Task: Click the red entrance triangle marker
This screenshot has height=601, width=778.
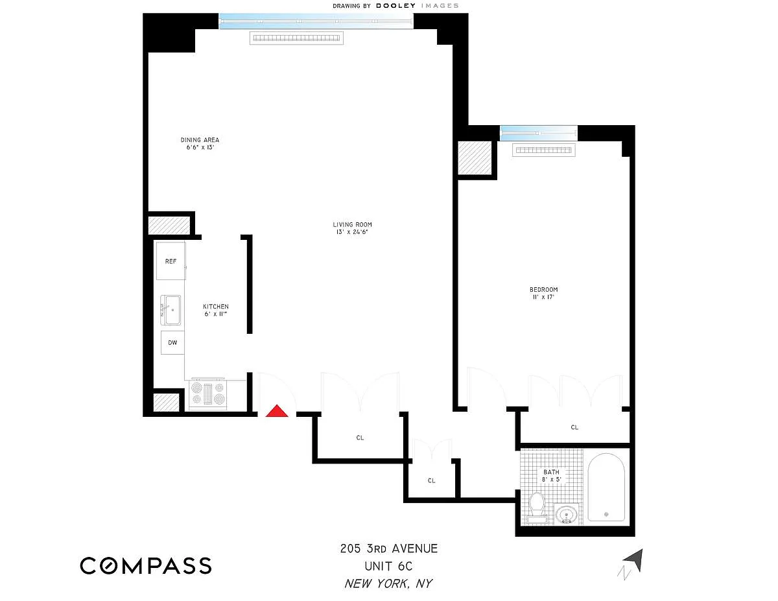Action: (x=276, y=411)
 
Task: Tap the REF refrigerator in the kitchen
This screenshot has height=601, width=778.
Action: (x=171, y=261)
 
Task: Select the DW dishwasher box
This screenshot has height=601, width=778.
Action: (x=172, y=342)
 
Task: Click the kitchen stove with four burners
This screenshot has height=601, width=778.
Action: (x=208, y=394)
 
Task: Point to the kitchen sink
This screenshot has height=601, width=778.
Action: (x=171, y=310)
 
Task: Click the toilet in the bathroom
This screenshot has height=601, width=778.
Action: (x=536, y=508)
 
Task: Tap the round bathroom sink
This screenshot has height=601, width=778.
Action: (x=567, y=515)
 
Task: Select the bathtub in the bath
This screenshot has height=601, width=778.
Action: (x=606, y=488)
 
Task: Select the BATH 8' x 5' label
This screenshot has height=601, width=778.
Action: (x=551, y=476)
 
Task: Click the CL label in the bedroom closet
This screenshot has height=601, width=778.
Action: (x=574, y=427)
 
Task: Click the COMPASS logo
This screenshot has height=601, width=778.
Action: (x=146, y=565)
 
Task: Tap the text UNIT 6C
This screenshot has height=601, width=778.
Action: (x=388, y=566)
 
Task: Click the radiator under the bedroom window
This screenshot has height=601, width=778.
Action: (x=543, y=150)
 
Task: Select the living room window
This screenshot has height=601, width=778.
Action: (x=316, y=21)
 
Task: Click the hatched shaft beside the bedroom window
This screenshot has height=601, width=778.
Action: (x=475, y=158)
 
